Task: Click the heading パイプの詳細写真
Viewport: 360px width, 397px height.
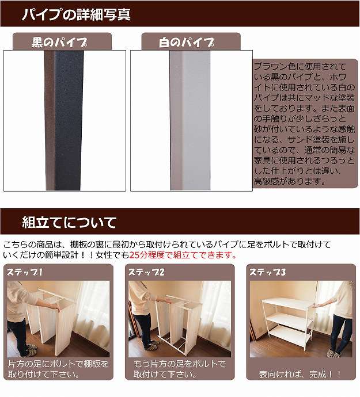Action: (x=76, y=14)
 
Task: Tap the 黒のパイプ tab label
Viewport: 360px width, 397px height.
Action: (x=59, y=42)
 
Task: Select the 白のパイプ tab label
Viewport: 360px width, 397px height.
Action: (x=187, y=42)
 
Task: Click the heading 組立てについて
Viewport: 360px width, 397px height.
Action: (x=69, y=222)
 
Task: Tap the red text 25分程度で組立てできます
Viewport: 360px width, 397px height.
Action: (x=183, y=255)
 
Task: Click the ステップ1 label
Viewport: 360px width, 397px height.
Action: (x=25, y=272)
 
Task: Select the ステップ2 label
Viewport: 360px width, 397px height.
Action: (x=146, y=272)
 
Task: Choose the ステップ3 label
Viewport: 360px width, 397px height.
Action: (x=267, y=272)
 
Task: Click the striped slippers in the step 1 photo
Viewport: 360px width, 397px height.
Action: (x=31, y=350)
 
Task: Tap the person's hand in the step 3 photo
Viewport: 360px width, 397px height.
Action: (x=314, y=306)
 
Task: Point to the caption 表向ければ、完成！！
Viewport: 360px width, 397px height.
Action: (x=300, y=374)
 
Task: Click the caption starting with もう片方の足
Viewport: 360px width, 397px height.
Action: (x=180, y=369)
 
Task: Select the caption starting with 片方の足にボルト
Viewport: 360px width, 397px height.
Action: (x=58, y=369)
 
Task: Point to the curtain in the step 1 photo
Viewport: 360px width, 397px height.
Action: (x=93, y=311)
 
